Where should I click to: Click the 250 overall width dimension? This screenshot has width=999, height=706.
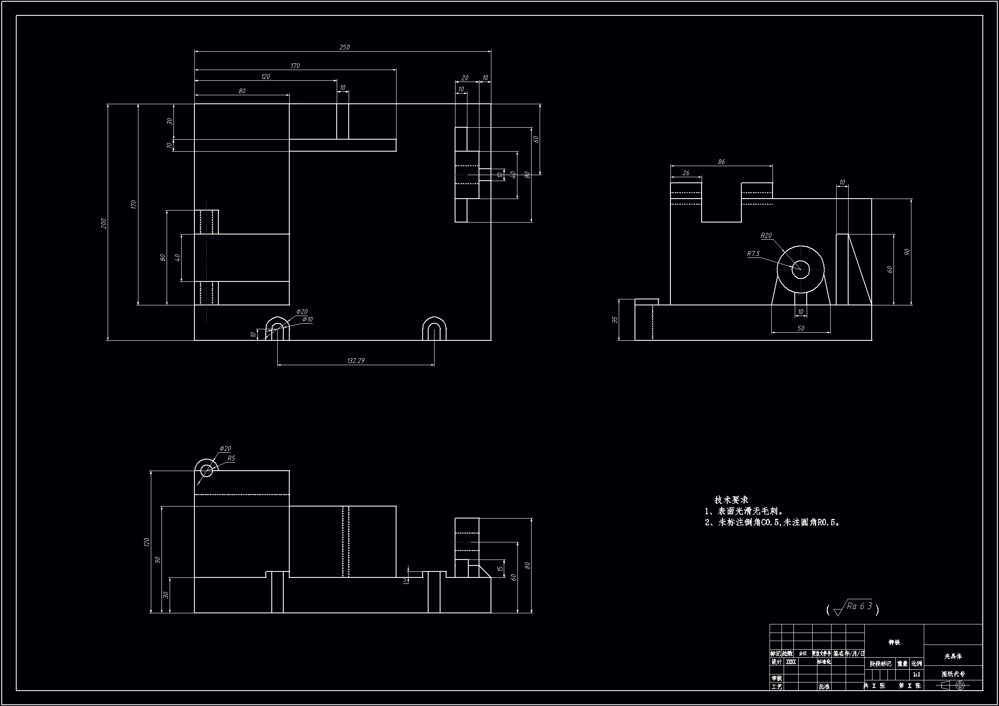point(344,47)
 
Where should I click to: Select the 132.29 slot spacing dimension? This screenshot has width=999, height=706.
point(356,360)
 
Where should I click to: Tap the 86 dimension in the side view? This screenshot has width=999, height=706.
point(721,162)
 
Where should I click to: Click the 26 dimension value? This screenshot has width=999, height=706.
point(686,173)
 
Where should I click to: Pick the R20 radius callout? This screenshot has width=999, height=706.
point(766,235)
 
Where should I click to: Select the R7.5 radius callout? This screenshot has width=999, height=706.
point(753,254)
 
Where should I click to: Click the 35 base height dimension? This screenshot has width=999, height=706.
point(615,320)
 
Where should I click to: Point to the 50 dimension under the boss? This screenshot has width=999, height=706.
point(801,328)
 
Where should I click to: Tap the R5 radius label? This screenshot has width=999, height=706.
point(231,458)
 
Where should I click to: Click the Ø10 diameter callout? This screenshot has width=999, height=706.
point(307,319)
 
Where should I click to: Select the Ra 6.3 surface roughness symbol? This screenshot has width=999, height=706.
point(853,608)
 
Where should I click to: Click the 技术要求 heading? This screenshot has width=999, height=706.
point(731,500)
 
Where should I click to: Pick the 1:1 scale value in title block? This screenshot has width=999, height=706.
point(917,675)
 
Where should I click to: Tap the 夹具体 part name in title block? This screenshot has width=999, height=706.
point(953,656)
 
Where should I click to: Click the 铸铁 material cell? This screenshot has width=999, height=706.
point(894,642)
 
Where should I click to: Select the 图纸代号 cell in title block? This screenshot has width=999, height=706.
point(953,674)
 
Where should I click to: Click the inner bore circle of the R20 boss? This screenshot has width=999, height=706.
point(801,269)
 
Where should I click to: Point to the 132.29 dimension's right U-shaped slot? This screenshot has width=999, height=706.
point(434,329)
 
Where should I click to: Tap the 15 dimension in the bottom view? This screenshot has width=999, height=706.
point(501,568)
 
